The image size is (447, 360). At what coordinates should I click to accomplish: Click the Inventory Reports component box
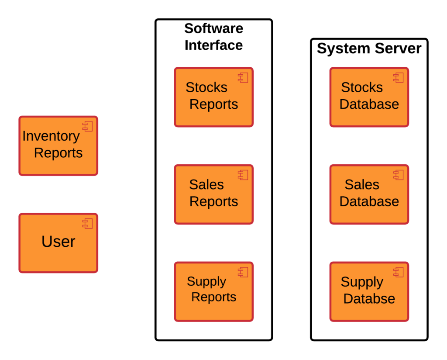[58, 146]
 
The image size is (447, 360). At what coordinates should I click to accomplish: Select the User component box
[58, 243]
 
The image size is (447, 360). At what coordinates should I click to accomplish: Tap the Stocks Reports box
[213, 97]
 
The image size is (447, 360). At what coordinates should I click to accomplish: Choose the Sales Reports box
[213, 194]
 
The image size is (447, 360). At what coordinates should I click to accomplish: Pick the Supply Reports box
[213, 291]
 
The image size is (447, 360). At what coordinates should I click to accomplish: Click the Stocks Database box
[369, 97]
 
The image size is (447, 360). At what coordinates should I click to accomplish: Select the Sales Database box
[369, 194]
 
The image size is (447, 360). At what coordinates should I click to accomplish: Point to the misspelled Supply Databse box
[369, 291]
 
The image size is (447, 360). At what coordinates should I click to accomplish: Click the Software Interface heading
[213, 37]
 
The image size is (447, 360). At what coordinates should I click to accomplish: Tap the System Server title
[369, 48]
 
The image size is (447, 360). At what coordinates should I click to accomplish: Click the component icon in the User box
[88, 224]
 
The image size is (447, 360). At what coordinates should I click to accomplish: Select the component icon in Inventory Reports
[88, 127]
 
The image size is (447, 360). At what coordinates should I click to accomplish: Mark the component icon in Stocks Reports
[243, 78]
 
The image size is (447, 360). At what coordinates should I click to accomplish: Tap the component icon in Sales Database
[399, 175]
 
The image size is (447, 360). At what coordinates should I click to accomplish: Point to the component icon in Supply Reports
[243, 272]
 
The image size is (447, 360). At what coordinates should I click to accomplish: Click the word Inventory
[51, 136]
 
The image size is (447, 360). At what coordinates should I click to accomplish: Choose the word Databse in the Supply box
[369, 299]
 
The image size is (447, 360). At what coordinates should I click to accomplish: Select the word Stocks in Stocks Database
[362, 87]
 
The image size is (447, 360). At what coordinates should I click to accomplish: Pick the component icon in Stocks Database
[399, 78]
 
